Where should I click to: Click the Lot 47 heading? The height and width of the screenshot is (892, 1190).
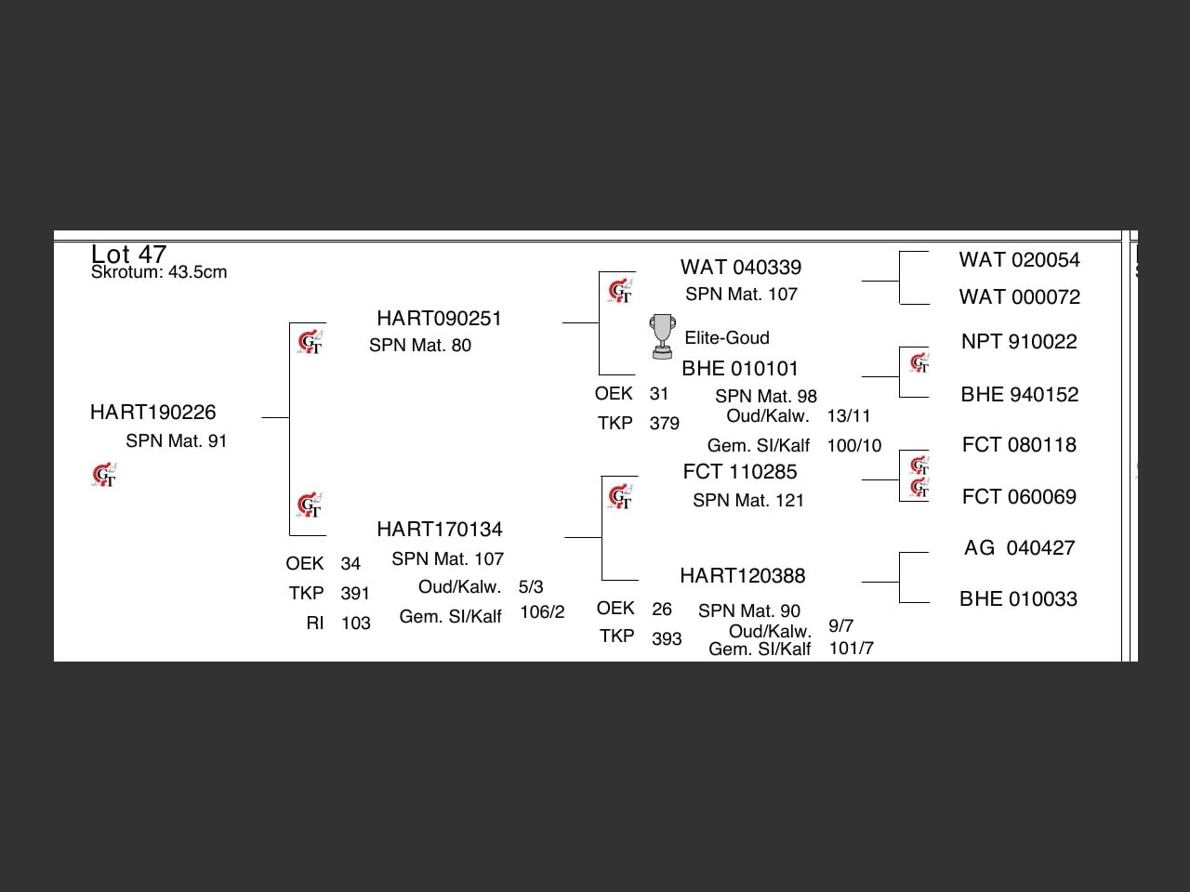128,254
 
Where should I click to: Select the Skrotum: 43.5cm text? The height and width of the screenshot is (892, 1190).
159,272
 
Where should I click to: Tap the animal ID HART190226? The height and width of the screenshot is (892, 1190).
152,413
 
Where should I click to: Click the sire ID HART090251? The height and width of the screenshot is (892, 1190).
439,319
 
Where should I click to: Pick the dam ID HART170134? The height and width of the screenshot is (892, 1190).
439,530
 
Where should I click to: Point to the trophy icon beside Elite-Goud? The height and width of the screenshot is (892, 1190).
662,336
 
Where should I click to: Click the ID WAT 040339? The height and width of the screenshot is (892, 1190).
740,268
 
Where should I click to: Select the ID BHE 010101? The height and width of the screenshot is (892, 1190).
739,369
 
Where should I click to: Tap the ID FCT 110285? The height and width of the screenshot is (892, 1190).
739,472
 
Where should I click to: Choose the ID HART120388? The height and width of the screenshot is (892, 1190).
742,576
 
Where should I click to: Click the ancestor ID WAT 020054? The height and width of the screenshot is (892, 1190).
1019,260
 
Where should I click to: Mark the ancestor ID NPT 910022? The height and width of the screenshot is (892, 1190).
1019,342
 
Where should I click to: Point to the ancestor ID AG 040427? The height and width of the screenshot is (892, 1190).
1019,548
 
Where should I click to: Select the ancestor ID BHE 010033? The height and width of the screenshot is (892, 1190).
1018,599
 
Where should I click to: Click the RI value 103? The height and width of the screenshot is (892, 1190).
356,623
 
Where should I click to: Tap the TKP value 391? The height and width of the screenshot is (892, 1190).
355,594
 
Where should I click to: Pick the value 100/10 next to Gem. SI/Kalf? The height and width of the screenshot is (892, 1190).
853,446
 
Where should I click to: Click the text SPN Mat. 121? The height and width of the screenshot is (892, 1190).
747,501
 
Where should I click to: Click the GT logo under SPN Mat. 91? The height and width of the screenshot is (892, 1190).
104,476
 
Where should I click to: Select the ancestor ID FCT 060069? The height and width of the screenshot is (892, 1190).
1019,497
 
